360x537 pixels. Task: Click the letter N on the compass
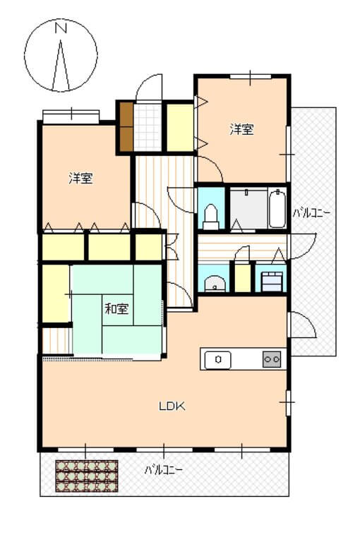pos(61,29)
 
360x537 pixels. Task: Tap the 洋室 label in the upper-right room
pos(241,129)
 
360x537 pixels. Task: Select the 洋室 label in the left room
pos(80,178)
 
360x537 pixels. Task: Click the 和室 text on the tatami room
pos(116,308)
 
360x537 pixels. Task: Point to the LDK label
pos(171,406)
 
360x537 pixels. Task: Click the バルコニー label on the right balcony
pos(312,212)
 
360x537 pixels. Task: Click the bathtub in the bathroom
pos(277,207)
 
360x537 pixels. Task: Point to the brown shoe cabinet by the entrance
pos(126,127)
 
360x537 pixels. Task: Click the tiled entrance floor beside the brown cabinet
pos(148,127)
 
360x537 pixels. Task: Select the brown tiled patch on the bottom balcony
pos(86,476)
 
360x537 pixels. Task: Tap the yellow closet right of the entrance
pos(179,127)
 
